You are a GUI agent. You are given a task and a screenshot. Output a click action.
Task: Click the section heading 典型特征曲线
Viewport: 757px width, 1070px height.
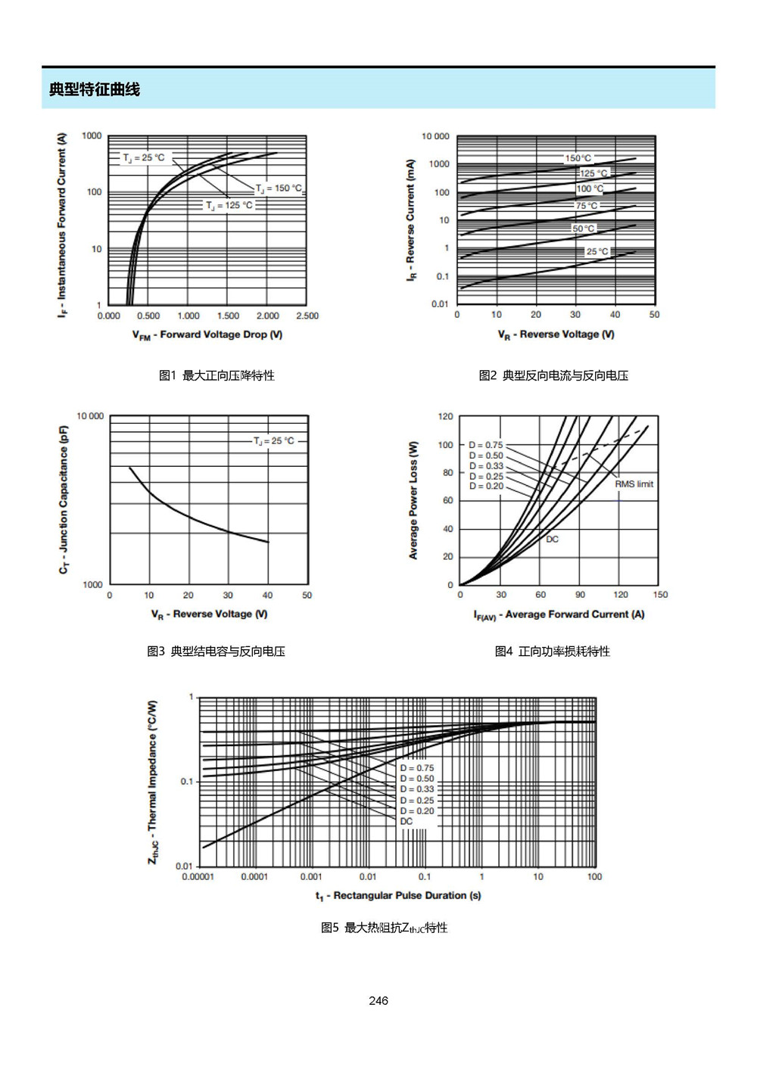(94, 89)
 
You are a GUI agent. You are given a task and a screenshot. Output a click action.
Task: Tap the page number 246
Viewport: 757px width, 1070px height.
(378, 1000)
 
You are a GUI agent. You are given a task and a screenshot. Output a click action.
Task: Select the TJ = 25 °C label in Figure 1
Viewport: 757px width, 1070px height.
(143, 157)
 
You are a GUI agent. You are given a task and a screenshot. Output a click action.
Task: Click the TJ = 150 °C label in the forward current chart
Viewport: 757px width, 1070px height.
(279, 188)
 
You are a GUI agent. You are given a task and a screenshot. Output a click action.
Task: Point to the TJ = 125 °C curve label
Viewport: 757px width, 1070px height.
(229, 205)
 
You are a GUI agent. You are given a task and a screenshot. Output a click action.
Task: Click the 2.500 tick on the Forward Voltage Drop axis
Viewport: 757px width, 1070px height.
(307, 316)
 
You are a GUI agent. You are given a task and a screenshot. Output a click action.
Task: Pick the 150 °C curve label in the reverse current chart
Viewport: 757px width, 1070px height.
(578, 158)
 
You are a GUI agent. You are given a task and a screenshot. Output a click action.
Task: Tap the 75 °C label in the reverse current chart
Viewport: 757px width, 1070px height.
(587, 206)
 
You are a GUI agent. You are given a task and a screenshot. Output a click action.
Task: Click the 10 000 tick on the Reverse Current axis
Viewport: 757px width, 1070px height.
(435, 137)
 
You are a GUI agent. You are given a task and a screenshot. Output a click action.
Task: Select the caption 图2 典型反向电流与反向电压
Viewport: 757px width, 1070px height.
(553, 375)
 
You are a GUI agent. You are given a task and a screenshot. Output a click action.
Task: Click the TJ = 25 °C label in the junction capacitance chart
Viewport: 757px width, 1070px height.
(274, 441)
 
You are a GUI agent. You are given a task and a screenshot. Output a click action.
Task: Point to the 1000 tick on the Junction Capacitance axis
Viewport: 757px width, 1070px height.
(92, 585)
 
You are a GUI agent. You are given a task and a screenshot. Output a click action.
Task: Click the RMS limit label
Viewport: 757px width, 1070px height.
(634, 484)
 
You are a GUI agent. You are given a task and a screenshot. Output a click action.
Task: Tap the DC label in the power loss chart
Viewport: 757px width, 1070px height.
(552, 540)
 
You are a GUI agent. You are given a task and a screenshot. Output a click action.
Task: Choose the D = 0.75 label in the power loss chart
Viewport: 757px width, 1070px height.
(485, 445)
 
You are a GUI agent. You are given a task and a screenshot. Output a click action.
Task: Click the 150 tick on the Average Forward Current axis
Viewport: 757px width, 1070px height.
(660, 595)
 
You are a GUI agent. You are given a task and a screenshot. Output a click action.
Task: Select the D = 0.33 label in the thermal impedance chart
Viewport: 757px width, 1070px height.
(417, 789)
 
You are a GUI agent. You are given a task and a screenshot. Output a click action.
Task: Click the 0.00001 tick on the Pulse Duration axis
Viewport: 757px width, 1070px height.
(198, 877)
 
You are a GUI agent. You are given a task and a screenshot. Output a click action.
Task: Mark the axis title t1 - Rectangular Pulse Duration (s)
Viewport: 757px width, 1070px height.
(398, 896)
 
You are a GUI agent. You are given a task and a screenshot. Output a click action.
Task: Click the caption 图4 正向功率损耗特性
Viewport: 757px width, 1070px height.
(553, 652)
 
